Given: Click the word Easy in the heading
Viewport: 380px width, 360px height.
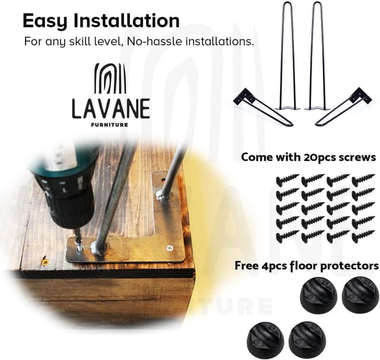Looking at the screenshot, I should pos(46,21).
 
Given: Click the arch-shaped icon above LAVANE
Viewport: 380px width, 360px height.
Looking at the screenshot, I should pos(110,78).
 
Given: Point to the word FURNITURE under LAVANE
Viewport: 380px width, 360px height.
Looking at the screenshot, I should pos(110,125).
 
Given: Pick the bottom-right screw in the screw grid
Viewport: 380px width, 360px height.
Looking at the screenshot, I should pos(363,236).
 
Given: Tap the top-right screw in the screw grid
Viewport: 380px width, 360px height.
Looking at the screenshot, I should pos(363,180).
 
